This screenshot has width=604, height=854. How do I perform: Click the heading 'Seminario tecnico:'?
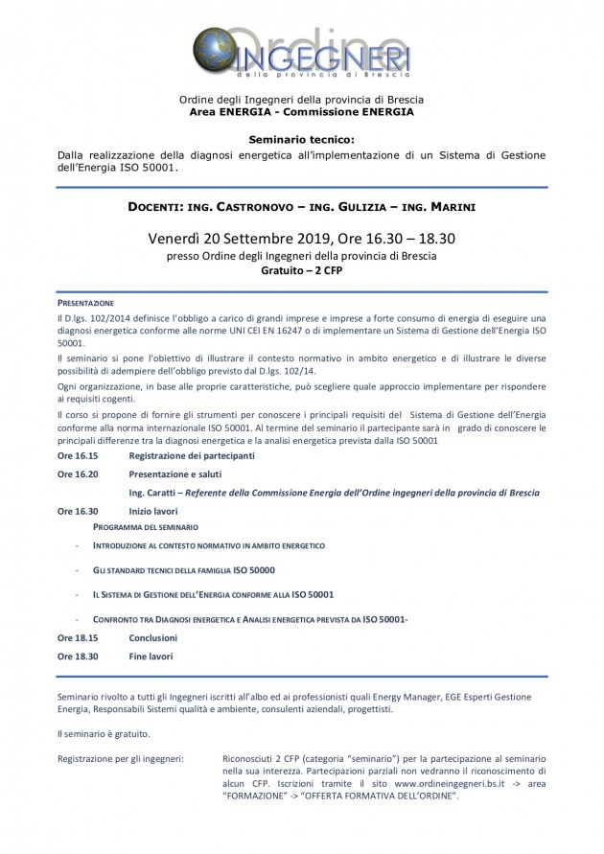click(301, 139)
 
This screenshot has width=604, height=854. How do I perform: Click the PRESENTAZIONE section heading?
click(85, 302)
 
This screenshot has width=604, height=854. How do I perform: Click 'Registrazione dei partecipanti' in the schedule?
click(192, 455)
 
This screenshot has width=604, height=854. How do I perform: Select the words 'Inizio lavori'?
click(153, 511)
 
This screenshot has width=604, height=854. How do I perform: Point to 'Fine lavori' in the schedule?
click(151, 657)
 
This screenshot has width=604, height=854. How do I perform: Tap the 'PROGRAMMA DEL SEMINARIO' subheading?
click(145, 528)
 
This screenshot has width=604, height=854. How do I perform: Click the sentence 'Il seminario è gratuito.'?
click(105, 733)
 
